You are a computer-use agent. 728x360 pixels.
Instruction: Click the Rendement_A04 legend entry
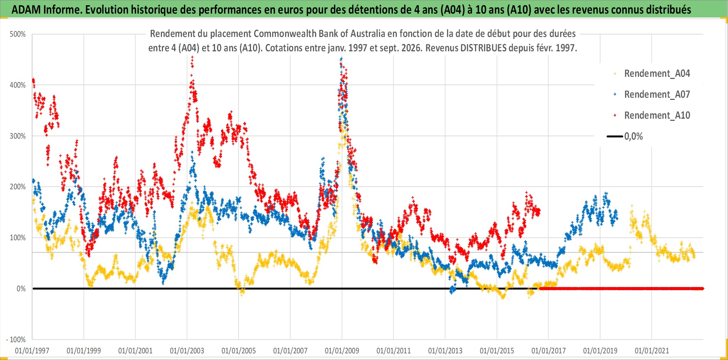pos(652,74)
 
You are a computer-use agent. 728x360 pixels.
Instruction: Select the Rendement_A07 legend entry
pos(652,95)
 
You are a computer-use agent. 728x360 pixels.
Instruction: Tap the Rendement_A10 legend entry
pos(652,116)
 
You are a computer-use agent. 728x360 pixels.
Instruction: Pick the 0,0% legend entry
pos(625,136)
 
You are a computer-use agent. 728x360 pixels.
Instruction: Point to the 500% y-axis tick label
pos(18,34)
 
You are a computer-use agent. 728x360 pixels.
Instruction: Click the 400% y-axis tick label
pos(18,85)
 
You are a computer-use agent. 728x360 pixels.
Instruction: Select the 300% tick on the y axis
pos(18,136)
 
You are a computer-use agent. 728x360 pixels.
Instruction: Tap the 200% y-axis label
pos(18,187)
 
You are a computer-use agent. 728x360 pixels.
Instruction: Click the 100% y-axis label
pos(18,238)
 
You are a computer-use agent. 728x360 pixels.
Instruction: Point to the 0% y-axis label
pos(21,289)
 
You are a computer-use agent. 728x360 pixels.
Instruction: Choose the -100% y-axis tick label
pos(16,339)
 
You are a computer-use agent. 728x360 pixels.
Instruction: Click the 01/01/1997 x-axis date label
pos(32,351)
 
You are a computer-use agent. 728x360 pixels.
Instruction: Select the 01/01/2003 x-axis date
pos(187,351)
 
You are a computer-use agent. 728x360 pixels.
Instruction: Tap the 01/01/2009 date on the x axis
pos(342,351)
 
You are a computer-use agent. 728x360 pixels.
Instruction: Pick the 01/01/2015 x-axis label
pos(497,351)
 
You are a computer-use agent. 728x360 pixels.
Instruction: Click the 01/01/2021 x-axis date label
pos(652,351)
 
